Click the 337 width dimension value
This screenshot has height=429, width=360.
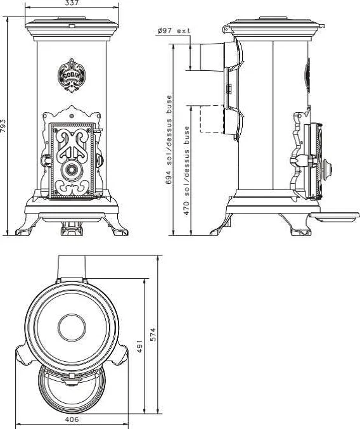point(72,3)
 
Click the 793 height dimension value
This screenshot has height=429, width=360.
point(3,126)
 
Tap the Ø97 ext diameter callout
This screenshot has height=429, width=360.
point(174,30)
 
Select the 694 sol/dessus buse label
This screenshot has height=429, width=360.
point(169,139)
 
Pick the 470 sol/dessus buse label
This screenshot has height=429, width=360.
point(187,170)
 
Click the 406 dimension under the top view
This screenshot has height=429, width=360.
point(72,419)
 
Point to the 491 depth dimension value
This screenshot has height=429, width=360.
point(139,347)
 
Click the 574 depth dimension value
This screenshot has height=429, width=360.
point(153,335)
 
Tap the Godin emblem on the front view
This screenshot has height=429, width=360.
point(72,75)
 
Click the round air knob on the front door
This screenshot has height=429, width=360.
point(72,170)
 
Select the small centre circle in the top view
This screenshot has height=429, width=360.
point(72,328)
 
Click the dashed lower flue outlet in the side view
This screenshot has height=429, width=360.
point(212,119)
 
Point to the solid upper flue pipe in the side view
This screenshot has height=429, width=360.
point(212,57)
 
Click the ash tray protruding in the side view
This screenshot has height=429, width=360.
point(334,217)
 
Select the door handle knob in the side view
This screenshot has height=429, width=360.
point(326,169)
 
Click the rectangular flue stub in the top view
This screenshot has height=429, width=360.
point(72,267)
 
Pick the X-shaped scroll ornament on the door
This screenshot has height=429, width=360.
point(72,144)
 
